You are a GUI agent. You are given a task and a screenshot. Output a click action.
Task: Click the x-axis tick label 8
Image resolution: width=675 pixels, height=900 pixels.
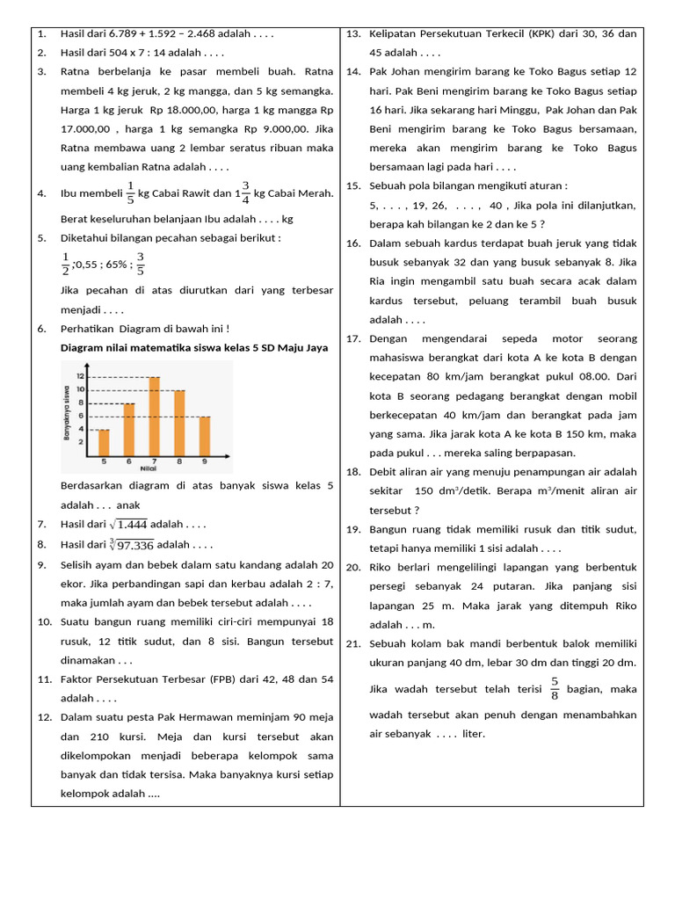point(179,461)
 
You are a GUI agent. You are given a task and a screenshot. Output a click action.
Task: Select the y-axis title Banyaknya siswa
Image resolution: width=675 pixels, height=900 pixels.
point(67,413)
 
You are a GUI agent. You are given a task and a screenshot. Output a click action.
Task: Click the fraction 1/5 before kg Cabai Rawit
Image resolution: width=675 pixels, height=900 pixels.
point(130,192)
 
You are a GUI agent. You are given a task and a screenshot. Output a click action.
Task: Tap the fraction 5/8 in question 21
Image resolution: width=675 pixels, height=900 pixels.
point(555,688)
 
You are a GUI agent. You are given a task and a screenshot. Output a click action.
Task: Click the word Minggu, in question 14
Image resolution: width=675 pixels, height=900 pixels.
point(514,110)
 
